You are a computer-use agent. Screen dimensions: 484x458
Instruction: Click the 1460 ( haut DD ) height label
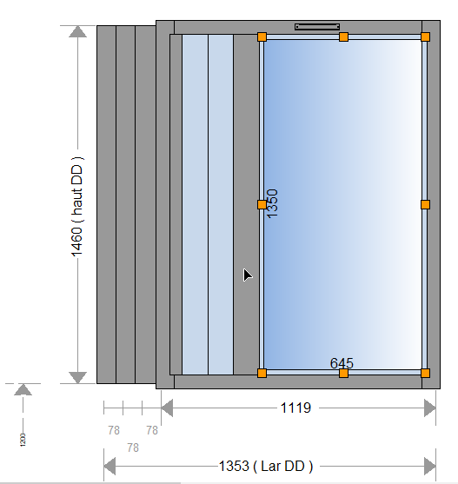pos(76,203)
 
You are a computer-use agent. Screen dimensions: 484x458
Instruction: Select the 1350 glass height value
pos(271,203)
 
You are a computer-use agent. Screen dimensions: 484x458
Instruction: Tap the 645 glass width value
pos(342,362)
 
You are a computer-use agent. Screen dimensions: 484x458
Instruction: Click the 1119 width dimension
pos(295,407)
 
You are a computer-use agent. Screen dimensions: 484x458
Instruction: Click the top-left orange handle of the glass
pos(262,36)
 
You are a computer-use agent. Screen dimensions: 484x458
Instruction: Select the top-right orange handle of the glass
pos(425,36)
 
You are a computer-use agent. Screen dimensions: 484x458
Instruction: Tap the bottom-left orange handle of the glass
pos(262,373)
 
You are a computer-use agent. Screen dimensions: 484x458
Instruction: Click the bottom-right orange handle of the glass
pos(425,373)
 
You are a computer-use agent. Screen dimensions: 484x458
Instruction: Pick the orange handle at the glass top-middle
pos(343,36)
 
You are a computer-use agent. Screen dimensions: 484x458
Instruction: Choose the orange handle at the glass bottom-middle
pos(343,373)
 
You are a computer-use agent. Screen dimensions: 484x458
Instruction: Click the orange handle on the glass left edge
pos(262,204)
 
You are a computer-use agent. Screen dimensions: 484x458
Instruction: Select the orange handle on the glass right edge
pos(425,204)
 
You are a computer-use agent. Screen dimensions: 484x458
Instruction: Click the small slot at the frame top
pos(316,27)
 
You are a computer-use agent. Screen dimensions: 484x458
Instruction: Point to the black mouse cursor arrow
pos(247,275)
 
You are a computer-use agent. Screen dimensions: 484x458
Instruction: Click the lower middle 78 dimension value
pos(133,448)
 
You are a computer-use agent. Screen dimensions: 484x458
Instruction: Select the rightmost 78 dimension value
pos(152,430)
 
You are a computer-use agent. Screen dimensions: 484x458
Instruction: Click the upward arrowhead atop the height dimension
pos(78,32)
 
